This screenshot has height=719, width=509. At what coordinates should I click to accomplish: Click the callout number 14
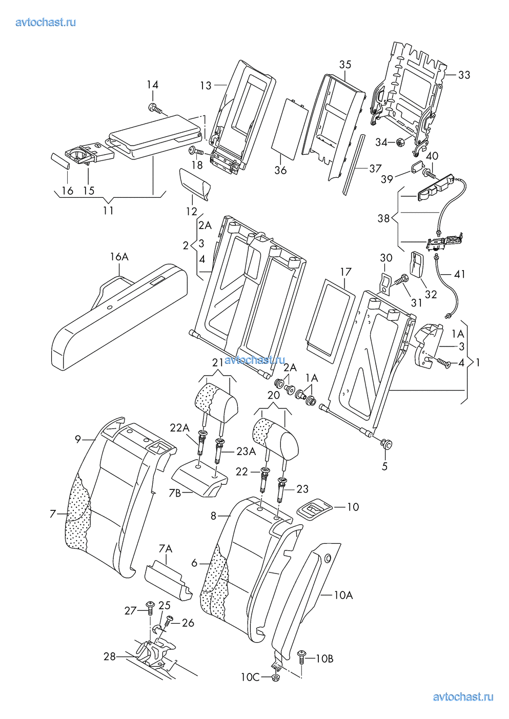coord(153,85)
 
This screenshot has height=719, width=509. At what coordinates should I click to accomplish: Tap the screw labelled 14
coord(154,108)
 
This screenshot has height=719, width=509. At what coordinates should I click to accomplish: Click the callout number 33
coord(463,75)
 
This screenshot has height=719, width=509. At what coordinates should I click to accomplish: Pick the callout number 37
coord(375,168)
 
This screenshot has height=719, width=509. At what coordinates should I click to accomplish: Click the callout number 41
coord(459,274)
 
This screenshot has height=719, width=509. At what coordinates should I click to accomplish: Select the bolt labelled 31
coord(401,280)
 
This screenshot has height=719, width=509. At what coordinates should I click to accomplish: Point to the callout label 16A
coord(118,257)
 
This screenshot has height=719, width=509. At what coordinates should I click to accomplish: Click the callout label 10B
coord(324,659)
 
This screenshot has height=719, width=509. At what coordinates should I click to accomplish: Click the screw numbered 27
coord(150,608)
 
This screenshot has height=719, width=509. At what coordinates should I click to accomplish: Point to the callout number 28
coord(110,656)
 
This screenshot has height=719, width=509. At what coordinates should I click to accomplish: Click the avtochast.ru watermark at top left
coord(46,22)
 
